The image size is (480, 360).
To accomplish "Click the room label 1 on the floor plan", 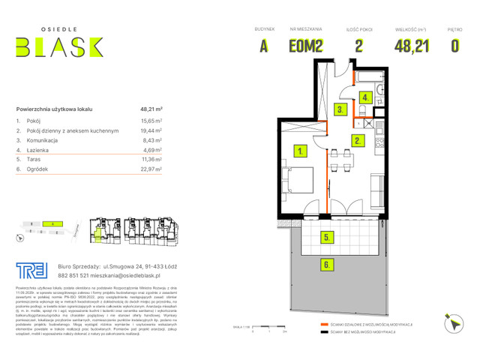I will [300, 151].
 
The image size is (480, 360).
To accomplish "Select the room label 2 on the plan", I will [358, 140].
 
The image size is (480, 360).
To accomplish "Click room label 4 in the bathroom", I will [365, 97].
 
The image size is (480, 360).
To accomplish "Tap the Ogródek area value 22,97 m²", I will [151, 169].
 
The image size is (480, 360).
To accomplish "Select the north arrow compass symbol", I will [452, 325].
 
